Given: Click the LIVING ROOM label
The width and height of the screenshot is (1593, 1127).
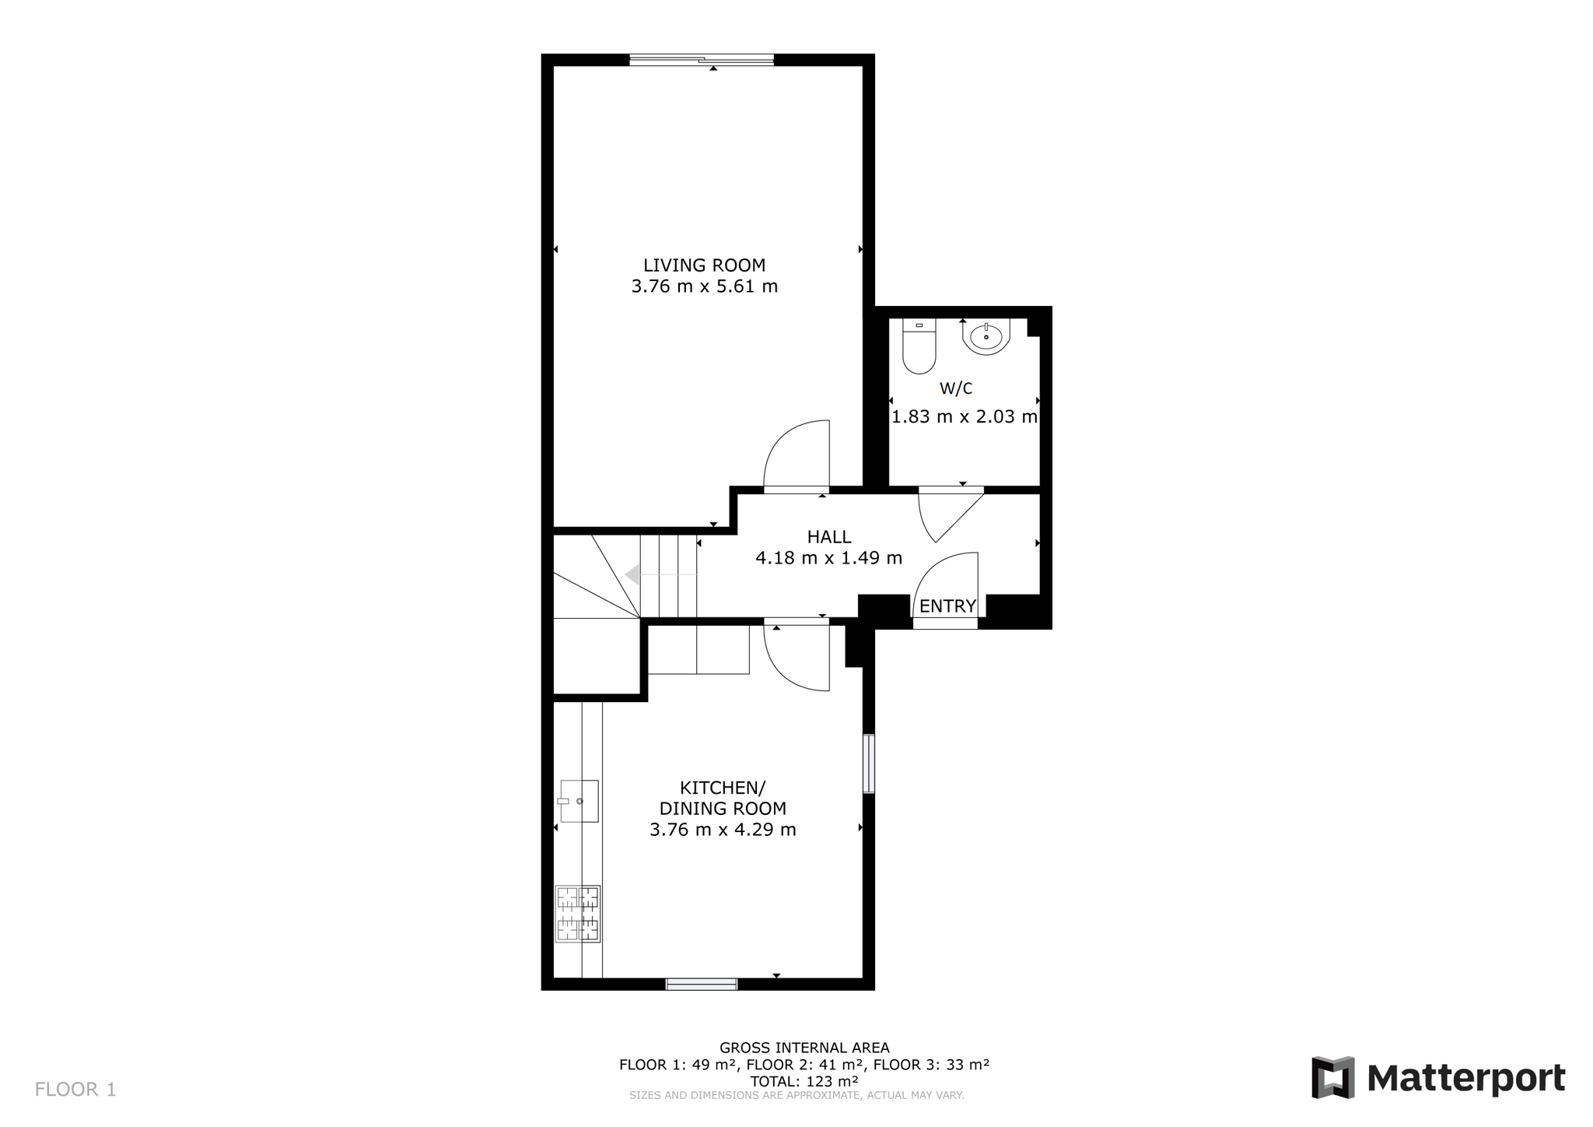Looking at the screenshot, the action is (704, 265).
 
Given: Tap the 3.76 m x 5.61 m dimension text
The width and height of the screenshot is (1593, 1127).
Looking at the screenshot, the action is (704, 286).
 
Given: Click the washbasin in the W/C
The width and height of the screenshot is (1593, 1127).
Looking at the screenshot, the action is (986, 337).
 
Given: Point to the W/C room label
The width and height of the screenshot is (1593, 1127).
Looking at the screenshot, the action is (956, 388).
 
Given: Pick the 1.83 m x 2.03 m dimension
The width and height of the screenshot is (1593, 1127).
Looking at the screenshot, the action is (965, 416).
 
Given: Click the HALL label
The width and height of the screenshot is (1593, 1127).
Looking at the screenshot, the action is (829, 537).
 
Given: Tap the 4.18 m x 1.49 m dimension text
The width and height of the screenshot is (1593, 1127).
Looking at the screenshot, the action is (829, 558).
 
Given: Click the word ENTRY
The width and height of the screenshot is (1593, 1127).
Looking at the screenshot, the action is (947, 606).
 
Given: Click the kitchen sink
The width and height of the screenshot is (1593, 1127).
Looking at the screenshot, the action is (578, 802).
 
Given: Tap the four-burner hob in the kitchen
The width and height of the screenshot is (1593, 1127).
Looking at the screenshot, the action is (577, 914).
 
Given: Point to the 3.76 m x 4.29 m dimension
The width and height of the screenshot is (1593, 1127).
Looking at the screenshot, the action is (723, 830).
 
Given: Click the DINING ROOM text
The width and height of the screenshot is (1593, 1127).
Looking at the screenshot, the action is (723, 809).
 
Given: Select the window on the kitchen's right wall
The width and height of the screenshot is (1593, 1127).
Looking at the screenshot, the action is (869, 764).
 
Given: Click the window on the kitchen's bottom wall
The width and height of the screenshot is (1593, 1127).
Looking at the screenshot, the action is (702, 985).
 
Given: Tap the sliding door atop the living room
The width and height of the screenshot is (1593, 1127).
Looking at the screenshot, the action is (702, 59).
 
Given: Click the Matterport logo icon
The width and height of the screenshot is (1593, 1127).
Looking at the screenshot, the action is (1333, 1078).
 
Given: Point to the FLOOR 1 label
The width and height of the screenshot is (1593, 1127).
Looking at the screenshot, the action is (75, 1090).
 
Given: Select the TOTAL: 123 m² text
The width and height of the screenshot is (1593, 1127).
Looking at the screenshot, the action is (804, 1081).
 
